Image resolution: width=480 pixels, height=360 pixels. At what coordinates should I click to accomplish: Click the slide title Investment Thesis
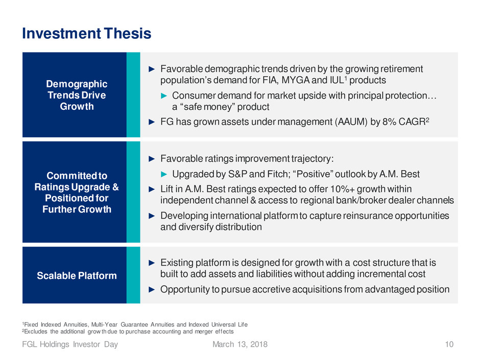(87, 33)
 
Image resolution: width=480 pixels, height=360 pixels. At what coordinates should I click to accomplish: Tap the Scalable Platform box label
(77, 276)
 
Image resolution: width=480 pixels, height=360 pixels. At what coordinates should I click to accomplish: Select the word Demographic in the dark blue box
(77, 84)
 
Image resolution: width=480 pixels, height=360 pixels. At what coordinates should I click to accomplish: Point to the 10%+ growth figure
(342, 189)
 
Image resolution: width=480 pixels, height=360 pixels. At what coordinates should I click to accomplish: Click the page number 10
(449, 344)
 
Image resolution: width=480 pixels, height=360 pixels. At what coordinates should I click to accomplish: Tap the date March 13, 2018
(240, 344)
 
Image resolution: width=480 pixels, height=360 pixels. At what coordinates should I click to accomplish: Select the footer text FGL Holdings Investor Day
(70, 344)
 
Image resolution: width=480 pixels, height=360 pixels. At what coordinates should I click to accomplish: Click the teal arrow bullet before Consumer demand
(164, 96)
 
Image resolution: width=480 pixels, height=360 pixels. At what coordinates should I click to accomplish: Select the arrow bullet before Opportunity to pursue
(152, 290)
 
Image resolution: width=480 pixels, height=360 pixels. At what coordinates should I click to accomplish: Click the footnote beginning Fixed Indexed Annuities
(135, 324)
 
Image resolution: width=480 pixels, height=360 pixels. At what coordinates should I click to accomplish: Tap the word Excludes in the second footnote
(36, 331)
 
